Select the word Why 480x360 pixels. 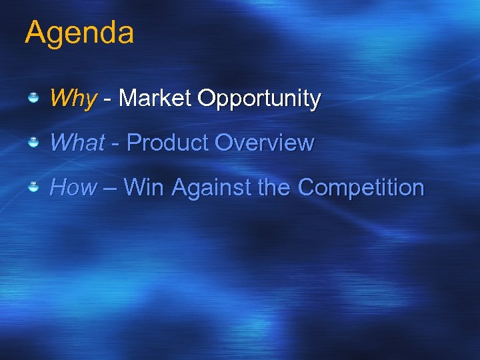tap(73, 99)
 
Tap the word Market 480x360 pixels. tap(155, 98)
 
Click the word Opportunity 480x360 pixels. tap(259, 99)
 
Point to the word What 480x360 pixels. tap(77, 143)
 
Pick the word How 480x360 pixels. tap(73, 187)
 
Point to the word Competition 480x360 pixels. tap(361, 188)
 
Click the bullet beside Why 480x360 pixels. tap(33, 99)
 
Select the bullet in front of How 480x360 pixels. tap(33, 188)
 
